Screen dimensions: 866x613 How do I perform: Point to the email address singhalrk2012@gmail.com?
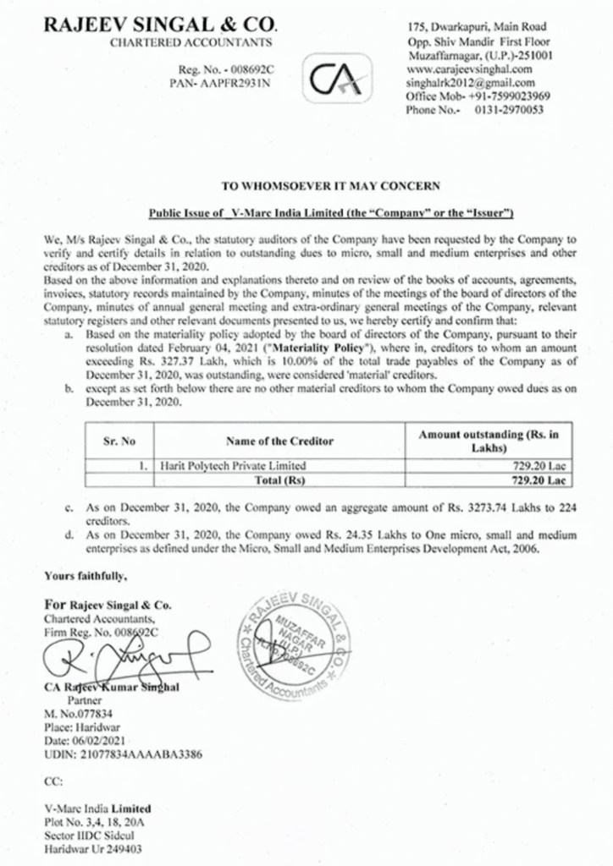[470, 82]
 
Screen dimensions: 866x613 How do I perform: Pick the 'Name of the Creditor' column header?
[279, 441]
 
